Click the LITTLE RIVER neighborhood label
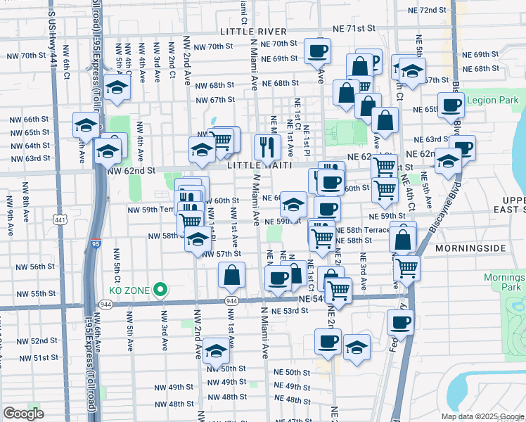pos(253,32)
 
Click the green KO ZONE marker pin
pos(160,288)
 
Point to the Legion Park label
pos(492,101)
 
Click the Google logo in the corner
pos(23,414)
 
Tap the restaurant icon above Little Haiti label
pos(267,147)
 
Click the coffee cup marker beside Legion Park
pos(451,105)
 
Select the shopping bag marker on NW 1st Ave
pos(231,276)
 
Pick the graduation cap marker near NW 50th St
pos(216,350)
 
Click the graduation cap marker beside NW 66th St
pos(86,126)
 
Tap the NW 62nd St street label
pos(131,170)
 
